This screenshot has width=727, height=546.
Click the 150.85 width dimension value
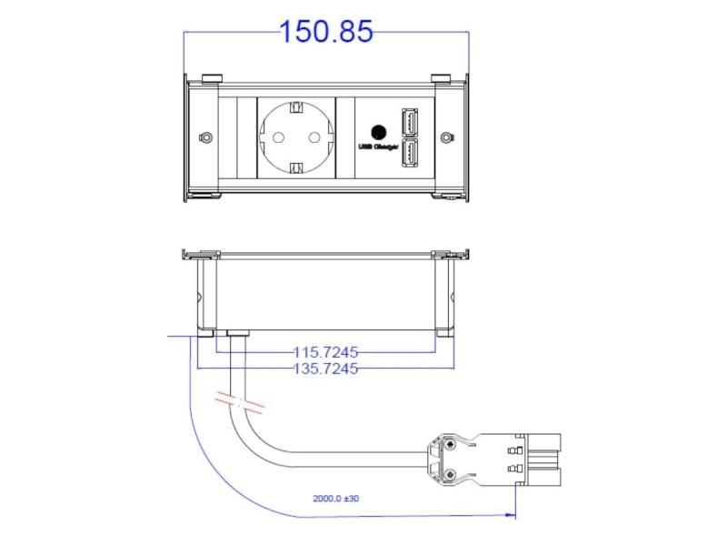point(325,32)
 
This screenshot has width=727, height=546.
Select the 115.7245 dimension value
point(325,350)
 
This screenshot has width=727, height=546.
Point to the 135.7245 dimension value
point(325,369)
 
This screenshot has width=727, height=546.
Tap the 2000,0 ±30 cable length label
point(337,499)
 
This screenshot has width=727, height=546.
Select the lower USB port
point(411,155)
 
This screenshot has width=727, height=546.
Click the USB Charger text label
point(379,147)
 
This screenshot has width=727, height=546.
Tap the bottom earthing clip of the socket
point(296,167)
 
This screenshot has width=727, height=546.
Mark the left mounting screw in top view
point(206,138)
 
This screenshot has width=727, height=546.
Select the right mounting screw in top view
point(446,138)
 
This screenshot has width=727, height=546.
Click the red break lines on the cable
point(239,399)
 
